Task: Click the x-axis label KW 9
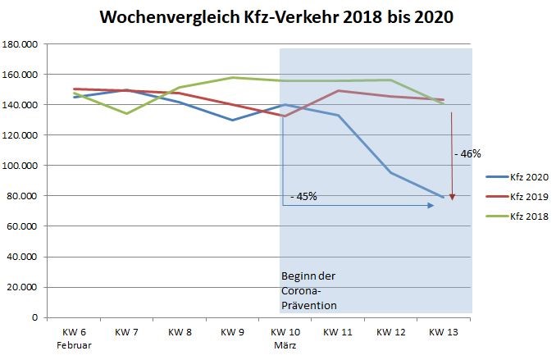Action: point(232,332)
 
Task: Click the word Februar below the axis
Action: point(73,345)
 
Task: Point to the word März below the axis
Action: point(285,345)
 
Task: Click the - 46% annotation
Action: point(467,153)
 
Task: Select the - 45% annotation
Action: point(303,196)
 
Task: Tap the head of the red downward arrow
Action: point(452,197)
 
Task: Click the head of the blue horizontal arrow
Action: point(431,205)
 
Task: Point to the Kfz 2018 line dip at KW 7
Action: point(126,113)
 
